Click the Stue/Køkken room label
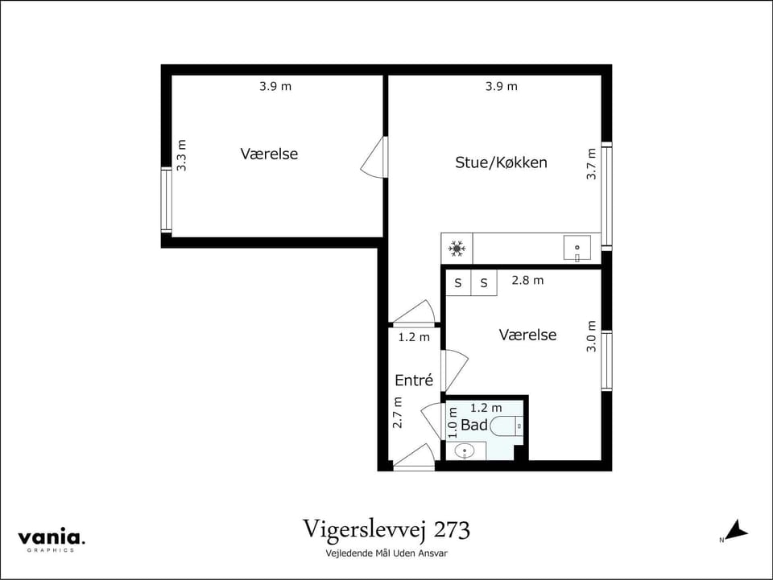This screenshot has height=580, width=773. tap(501, 162)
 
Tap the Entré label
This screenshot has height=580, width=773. tap(414, 380)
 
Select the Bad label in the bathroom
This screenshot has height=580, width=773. tap(474, 425)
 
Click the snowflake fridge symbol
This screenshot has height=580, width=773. tap(457, 249)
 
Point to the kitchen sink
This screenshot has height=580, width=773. tap(577, 248)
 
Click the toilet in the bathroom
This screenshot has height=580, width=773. tap(506, 426)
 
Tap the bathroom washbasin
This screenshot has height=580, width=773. tap(465, 451)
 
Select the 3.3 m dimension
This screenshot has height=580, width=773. tap(182, 155)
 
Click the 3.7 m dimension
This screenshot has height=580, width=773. tap(592, 163)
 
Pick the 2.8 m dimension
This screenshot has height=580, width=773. tap(527, 281)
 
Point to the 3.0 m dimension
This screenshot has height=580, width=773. tap(592, 336)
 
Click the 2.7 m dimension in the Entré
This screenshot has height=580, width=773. tap(397, 413)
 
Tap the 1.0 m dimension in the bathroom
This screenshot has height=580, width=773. tap(453, 422)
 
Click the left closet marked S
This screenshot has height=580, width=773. tap(458, 283)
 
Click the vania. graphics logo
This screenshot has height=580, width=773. tap(52, 540)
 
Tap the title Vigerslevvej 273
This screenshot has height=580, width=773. tap(386, 530)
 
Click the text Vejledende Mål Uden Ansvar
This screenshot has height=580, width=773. tap(386, 553)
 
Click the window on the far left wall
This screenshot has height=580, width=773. tap(166, 200)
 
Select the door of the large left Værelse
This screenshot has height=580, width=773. tap(374, 158)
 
